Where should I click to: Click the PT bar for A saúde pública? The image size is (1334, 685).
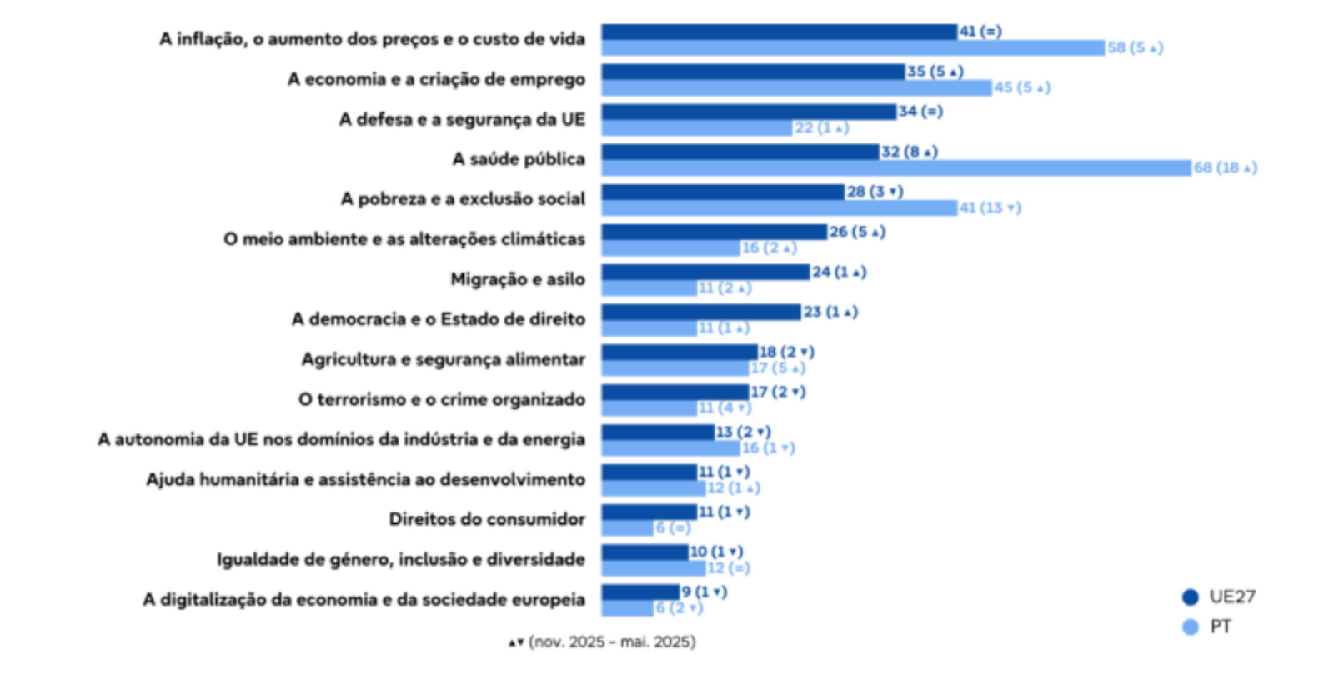(x=896, y=168)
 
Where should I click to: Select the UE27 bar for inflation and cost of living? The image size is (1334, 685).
(x=780, y=32)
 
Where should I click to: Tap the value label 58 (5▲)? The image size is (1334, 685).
(x=1135, y=48)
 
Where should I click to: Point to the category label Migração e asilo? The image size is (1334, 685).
(x=518, y=279)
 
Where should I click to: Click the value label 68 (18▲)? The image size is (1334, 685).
(x=1225, y=168)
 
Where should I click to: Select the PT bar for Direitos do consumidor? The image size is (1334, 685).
(x=627, y=528)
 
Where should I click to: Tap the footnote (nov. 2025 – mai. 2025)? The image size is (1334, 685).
(x=603, y=642)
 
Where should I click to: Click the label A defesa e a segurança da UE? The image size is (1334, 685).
(x=462, y=119)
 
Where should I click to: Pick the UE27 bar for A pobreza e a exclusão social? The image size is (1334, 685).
(x=723, y=192)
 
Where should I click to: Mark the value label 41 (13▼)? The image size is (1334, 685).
(x=990, y=208)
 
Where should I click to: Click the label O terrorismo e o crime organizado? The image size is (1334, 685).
(x=442, y=399)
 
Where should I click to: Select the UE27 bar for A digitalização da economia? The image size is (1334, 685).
(x=640, y=592)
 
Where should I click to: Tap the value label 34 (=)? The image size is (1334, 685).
(x=920, y=112)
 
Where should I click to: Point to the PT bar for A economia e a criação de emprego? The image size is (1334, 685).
(x=796, y=88)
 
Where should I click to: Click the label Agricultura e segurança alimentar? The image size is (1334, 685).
(x=444, y=359)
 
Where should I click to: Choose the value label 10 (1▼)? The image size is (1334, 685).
(x=716, y=552)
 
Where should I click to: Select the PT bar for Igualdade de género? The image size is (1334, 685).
(x=653, y=568)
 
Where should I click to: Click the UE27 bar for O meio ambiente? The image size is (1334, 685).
(x=714, y=232)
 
